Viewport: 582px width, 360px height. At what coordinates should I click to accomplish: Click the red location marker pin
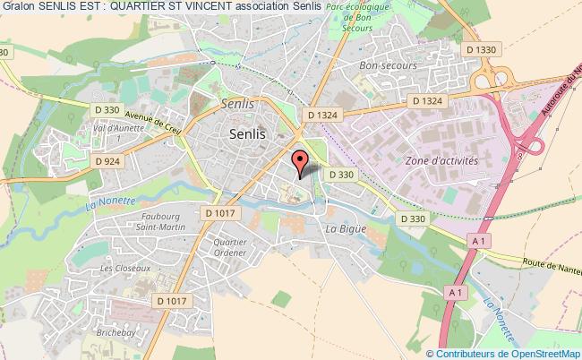point(301,163)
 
